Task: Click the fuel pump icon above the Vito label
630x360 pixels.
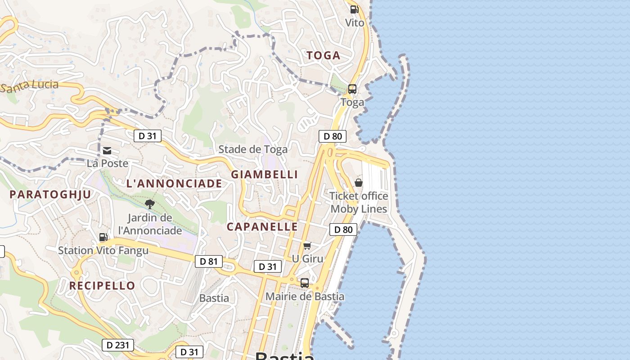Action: coord(354,9)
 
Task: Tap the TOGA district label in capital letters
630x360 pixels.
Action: coord(323,56)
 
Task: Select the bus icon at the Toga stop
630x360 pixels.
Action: coord(352,89)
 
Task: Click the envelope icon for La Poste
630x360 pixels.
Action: coord(107,151)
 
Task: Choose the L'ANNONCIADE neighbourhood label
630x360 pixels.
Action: coord(174,184)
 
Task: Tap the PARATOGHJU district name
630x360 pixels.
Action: coord(50,194)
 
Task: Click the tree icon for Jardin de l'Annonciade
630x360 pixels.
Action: coord(150,205)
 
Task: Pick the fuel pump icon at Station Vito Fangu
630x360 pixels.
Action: coord(103,237)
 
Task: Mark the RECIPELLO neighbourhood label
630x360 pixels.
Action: coord(102,286)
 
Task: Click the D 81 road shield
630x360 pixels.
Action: coord(209,261)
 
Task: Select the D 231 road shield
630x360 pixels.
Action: coord(118,345)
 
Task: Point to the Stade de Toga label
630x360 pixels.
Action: coord(253,149)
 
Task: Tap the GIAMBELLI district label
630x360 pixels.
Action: coord(265,175)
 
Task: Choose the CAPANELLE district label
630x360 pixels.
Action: coord(262,227)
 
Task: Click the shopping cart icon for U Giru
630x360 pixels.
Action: coord(307,246)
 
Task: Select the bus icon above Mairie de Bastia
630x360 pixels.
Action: coord(305,283)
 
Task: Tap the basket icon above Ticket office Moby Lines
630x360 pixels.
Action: coord(359,183)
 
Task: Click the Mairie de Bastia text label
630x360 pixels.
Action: coord(305,297)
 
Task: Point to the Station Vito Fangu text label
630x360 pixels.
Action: coord(103,251)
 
